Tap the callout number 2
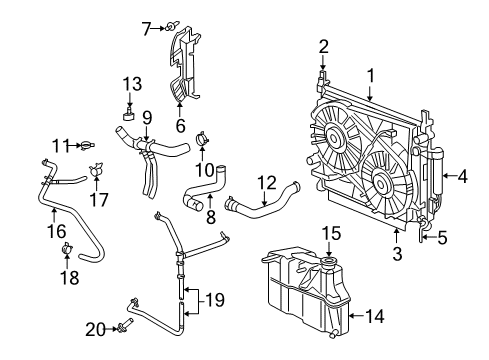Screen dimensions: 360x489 click(x=323, y=45)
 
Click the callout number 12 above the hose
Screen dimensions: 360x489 click(x=265, y=182)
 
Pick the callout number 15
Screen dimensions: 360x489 click(x=327, y=234)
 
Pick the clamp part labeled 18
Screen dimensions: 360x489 click(x=68, y=247)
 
